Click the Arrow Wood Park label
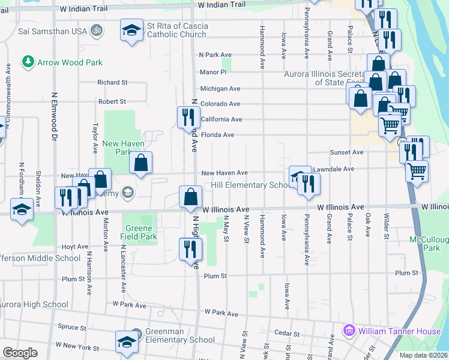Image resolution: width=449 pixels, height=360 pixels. [x=70, y=62]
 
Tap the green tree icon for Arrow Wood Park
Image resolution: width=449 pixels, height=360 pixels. [x=28, y=62]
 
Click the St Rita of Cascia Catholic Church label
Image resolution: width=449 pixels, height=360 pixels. [x=176, y=31]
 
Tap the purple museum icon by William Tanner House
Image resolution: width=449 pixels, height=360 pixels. [x=348, y=331]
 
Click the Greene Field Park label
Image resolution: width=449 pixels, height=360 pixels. [x=140, y=232]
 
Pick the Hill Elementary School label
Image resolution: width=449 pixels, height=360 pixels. [x=251, y=185]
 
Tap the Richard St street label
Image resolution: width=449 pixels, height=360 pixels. [x=113, y=82]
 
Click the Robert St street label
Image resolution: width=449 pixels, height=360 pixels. [x=112, y=102]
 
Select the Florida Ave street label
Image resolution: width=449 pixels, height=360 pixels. [x=217, y=135]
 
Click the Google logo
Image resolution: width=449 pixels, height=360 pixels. [x=20, y=353]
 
